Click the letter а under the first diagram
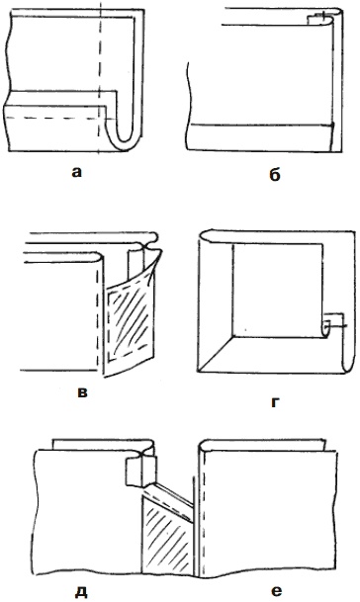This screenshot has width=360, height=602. coord(77,173)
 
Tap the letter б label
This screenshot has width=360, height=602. coord(275,175)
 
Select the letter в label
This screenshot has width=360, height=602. coord(83,392)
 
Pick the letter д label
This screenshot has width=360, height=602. coord(81,592)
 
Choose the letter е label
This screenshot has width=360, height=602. coord(276,591)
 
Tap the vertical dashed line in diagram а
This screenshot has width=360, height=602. coord(100,77)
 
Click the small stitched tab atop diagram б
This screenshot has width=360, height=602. coord(318,17)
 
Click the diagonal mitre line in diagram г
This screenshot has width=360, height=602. coord(216,354)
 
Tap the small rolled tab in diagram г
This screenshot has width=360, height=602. coord(329,325)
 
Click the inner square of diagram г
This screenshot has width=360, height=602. coord(277,291)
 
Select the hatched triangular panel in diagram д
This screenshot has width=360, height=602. coord(167,538)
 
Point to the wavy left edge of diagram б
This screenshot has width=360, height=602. coord(188,105)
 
